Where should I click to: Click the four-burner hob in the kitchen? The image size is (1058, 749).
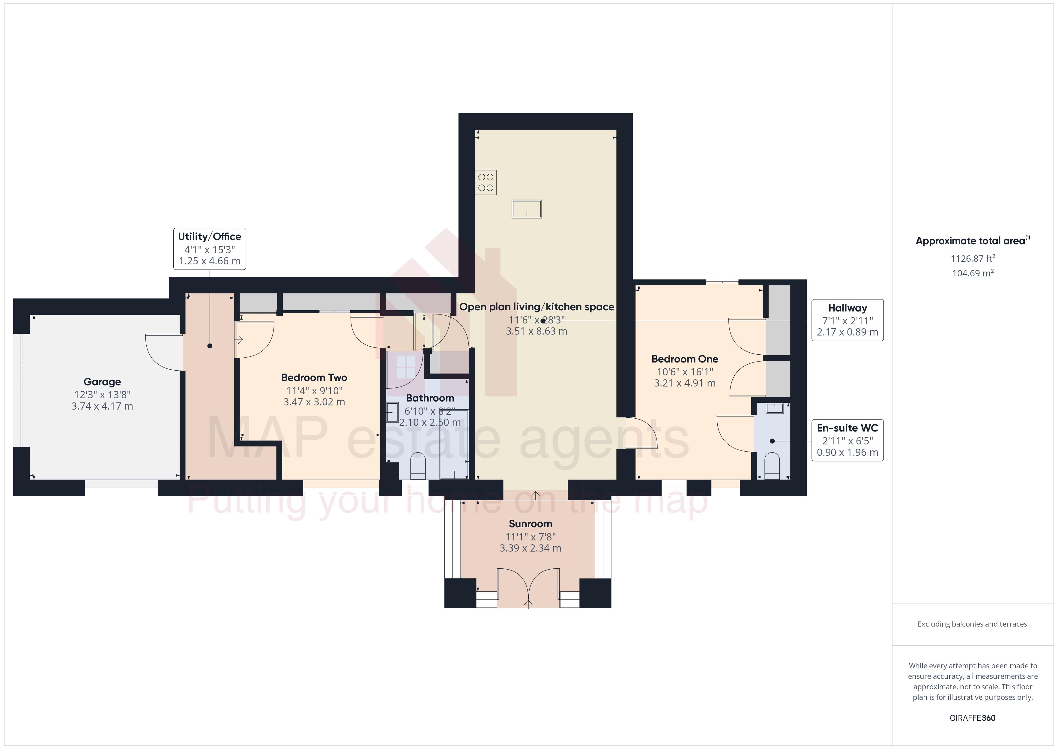[x=486, y=182]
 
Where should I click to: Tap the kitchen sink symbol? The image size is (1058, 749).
[x=526, y=209]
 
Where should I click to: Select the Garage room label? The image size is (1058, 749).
[x=102, y=382]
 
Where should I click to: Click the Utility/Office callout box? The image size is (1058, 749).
[x=210, y=248]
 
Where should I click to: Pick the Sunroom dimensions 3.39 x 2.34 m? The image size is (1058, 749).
[x=530, y=548]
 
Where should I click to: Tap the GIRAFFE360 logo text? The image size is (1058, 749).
[x=972, y=718]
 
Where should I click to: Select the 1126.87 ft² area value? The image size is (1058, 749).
[x=972, y=259]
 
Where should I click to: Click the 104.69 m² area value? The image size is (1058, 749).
[x=972, y=273]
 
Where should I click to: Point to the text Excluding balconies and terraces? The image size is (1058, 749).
[x=972, y=624]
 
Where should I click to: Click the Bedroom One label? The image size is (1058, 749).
[x=684, y=359]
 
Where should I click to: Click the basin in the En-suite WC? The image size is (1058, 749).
[x=775, y=408]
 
